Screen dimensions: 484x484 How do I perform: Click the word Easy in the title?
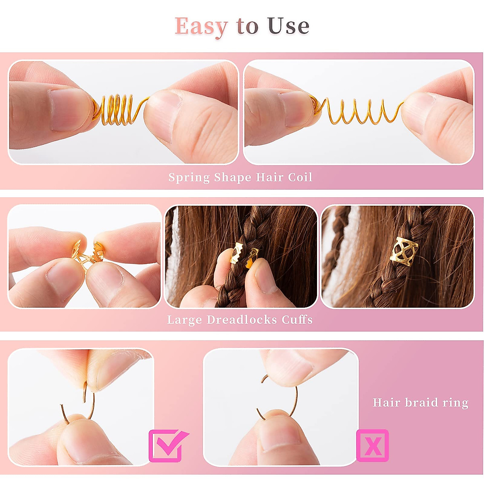201,27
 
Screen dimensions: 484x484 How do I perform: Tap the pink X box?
372,445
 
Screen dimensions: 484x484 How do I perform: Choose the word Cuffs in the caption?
297,320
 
